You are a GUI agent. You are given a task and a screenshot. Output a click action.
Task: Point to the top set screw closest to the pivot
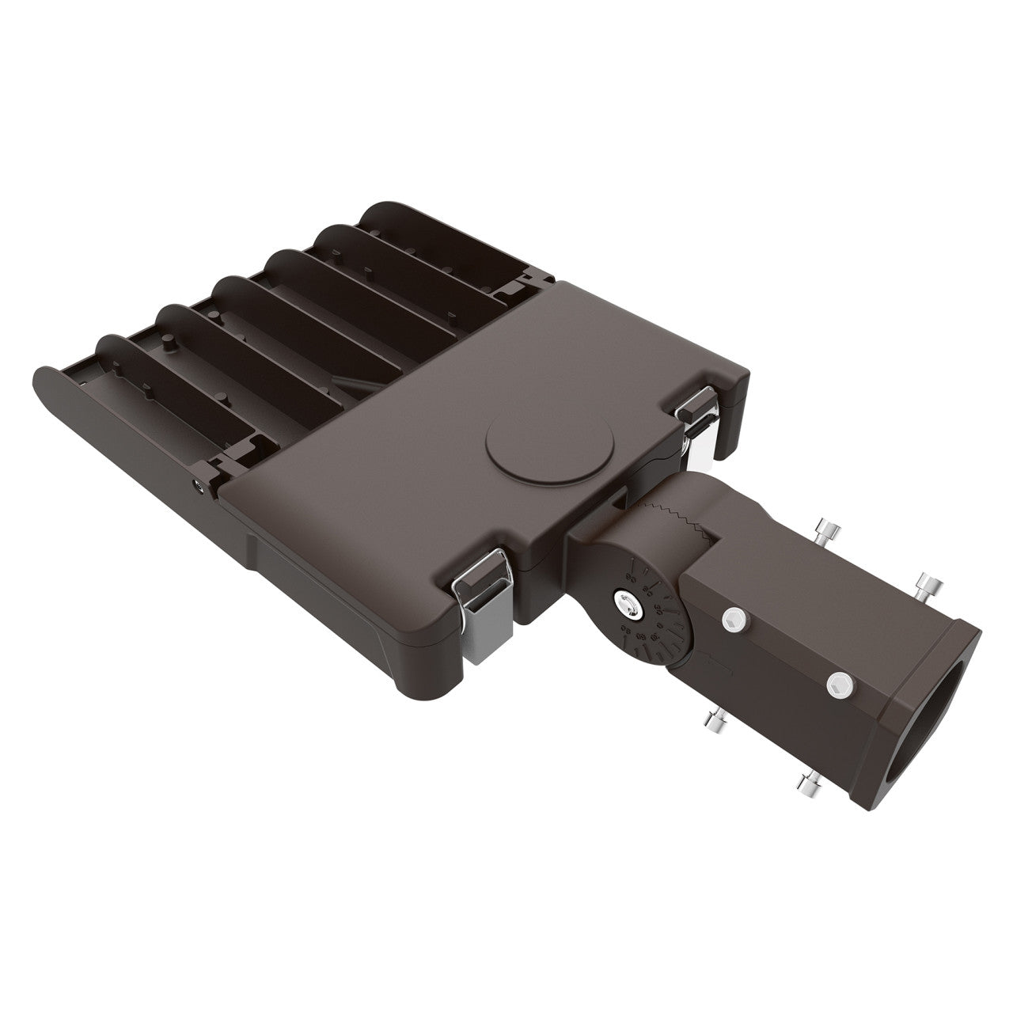tap(827, 531)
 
